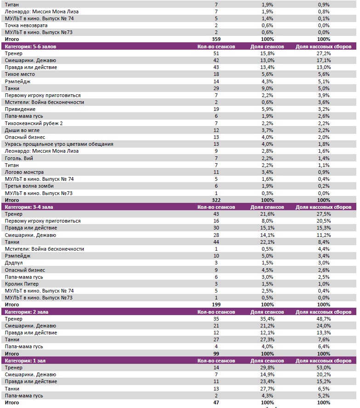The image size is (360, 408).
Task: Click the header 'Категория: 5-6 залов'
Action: pos(30,46)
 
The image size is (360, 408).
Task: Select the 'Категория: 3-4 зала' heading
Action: pos(29,207)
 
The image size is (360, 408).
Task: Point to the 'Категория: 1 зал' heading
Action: pos(24,361)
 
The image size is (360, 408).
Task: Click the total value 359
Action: pos(216,39)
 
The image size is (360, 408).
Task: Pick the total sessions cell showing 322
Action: pos(216,200)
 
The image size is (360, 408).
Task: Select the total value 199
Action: pos(216,305)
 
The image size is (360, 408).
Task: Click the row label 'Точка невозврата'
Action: pos(26,25)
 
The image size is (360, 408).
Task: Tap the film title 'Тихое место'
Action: pos(19,74)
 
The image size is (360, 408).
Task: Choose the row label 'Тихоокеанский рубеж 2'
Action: pos(34,123)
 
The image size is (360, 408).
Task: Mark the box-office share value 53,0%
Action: pos(323,368)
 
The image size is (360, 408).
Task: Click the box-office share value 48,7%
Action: pos(323,319)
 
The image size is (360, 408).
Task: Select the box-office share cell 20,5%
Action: pos(323,221)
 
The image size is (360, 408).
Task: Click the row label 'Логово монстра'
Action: pos(24,172)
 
